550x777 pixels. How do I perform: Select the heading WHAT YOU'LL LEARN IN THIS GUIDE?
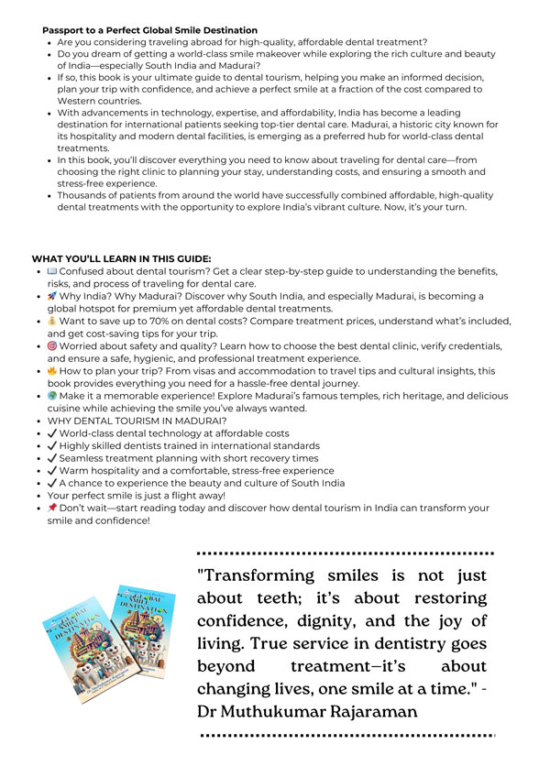coord(121,258)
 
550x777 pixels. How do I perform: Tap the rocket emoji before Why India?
coord(51,297)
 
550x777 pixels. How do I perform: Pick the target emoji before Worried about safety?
coord(51,346)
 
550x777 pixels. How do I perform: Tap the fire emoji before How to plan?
coord(51,371)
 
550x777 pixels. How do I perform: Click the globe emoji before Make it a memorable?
coord(51,396)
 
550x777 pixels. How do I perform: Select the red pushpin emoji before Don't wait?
coord(51,508)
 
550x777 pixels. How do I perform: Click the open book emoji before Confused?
coord(51,272)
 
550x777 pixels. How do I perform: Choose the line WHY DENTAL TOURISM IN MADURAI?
coord(136,421)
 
